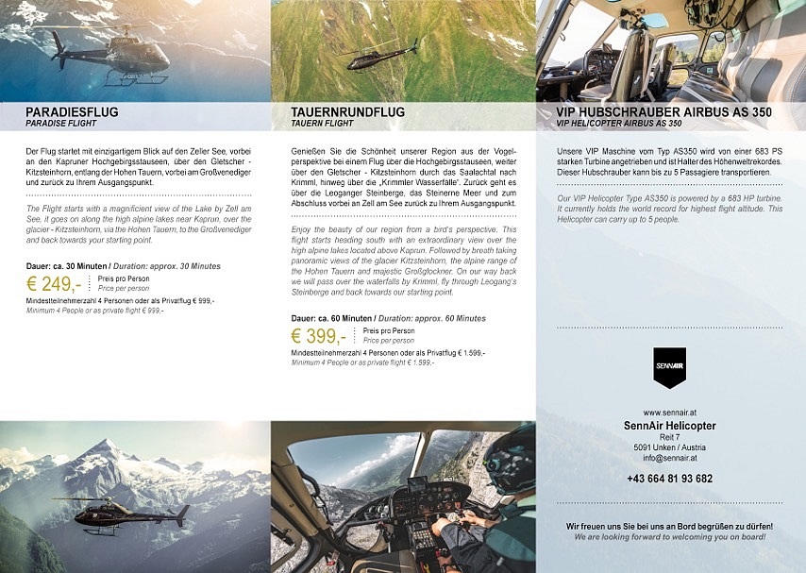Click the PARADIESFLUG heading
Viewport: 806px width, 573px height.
point(72,112)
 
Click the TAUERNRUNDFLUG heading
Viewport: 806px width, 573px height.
point(347,112)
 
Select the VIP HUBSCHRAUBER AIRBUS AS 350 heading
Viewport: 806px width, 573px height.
point(663,112)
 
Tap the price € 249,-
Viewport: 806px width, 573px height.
point(54,283)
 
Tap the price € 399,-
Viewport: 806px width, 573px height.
point(319,336)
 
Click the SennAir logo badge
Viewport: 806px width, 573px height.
point(670,367)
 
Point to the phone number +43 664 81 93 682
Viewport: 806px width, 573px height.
point(670,479)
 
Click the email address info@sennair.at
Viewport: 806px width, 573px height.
point(670,457)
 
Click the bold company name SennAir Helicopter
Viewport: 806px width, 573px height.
point(670,426)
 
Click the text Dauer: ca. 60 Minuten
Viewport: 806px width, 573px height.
point(330,319)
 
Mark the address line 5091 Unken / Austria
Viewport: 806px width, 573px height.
point(670,447)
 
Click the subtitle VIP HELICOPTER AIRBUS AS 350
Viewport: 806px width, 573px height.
point(619,124)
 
